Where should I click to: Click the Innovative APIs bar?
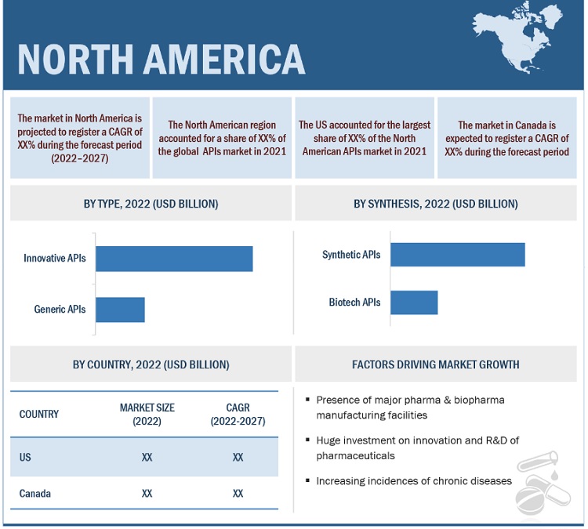(x=174, y=259)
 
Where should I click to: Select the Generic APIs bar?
(x=120, y=310)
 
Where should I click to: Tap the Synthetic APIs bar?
(x=457, y=255)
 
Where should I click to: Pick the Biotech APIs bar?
(x=413, y=302)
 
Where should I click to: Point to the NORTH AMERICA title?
(x=161, y=58)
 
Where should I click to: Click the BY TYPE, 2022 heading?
(x=151, y=204)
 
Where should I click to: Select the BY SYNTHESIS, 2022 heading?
(x=436, y=204)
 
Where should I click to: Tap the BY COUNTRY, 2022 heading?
(x=151, y=364)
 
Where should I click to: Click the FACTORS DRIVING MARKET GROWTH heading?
(x=436, y=364)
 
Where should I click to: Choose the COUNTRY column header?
(x=39, y=414)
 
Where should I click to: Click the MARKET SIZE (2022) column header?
(x=147, y=415)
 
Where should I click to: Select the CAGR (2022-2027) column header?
(x=238, y=415)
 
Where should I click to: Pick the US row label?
(x=25, y=457)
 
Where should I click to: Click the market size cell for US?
(x=147, y=457)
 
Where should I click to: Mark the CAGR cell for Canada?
(x=238, y=494)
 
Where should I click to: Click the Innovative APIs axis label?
(x=55, y=258)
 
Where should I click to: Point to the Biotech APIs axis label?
(x=354, y=302)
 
